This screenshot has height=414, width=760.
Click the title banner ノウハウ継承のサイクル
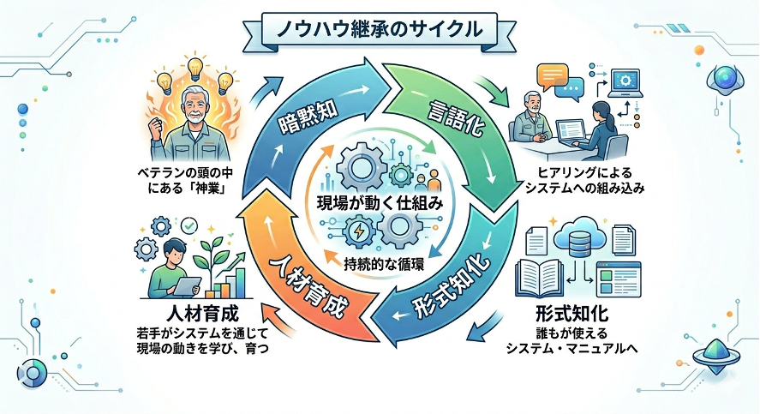(x=380, y=27)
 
